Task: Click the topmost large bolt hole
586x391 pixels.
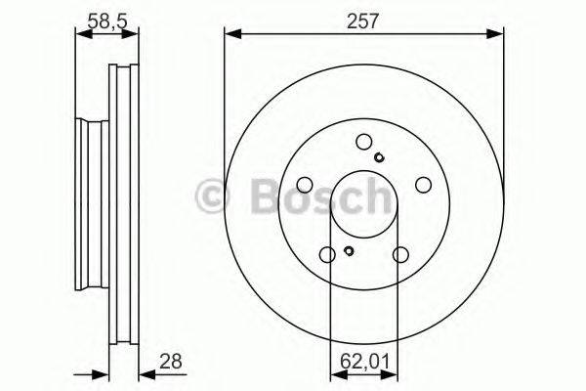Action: pyautogui.click(x=363, y=140)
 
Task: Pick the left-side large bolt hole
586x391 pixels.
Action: pyautogui.click(x=304, y=184)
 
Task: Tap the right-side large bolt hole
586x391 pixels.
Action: pyautogui.click(x=423, y=184)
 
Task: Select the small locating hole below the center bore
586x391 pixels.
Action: pyautogui.click(x=349, y=253)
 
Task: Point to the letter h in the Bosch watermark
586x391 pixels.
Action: pyautogui.click(x=374, y=196)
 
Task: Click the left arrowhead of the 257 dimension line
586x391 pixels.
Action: pyautogui.click(x=230, y=34)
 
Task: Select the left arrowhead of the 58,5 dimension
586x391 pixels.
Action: pyautogui.click(x=81, y=34)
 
